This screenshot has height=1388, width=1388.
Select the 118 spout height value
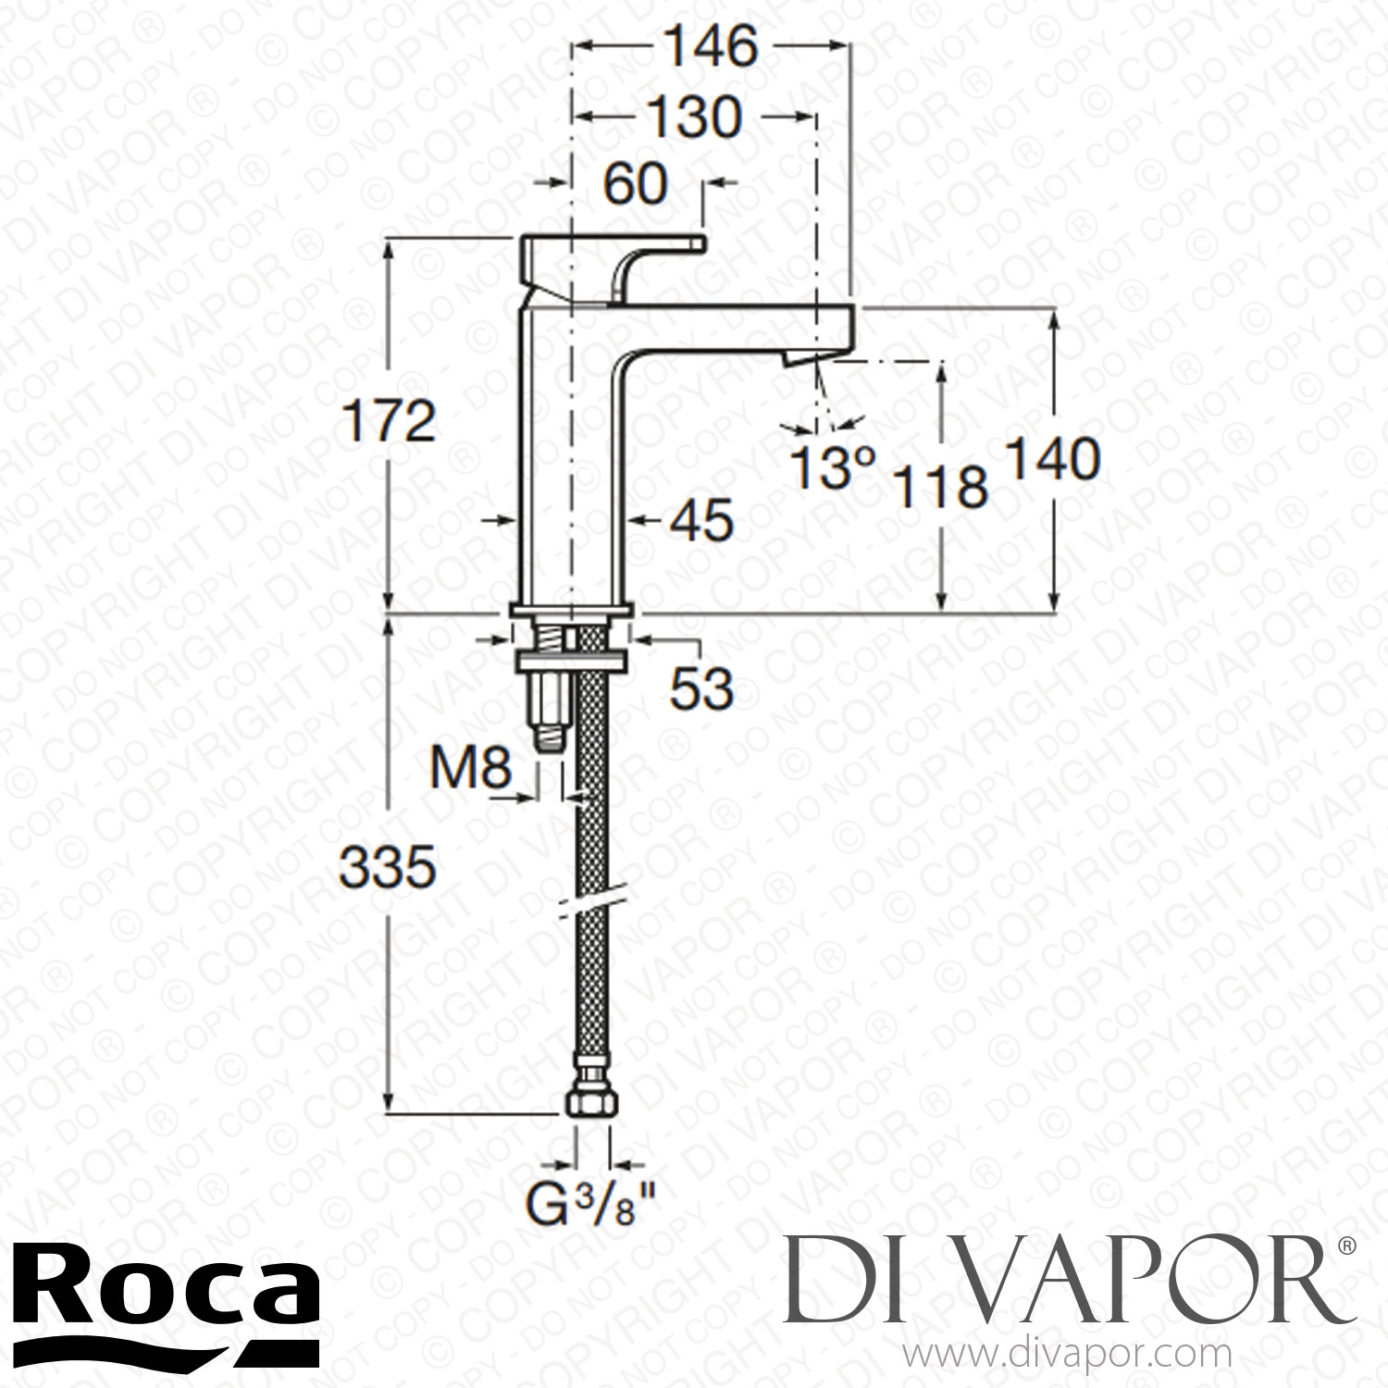[942, 486]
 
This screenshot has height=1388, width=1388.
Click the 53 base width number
[701, 688]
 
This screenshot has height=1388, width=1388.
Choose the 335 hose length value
[387, 868]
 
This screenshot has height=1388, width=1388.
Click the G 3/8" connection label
[593, 1207]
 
